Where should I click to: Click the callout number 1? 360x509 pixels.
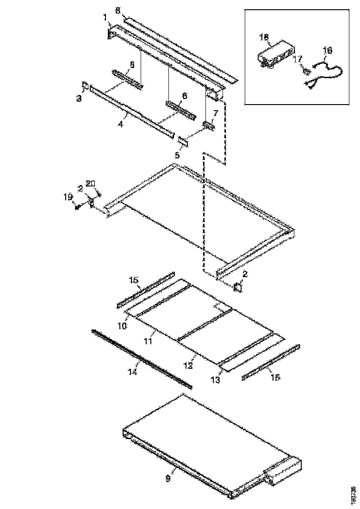106,17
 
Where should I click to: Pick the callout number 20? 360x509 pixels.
90,184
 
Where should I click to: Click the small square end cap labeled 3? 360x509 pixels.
85,85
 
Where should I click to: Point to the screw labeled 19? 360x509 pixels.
77,207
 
